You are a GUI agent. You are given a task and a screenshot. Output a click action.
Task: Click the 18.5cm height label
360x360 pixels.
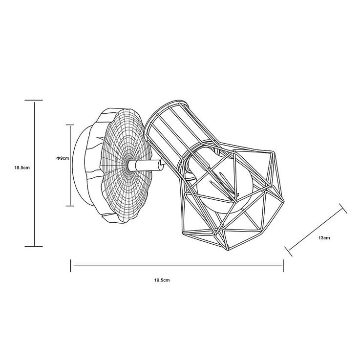pyautogui.click(x=22, y=168)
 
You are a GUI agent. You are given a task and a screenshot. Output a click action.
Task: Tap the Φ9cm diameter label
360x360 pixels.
pyautogui.click(x=63, y=158)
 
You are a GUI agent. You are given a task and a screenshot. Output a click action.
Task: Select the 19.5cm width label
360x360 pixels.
pyautogui.click(x=162, y=280)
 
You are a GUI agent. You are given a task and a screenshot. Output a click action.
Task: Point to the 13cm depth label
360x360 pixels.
pyautogui.click(x=324, y=238)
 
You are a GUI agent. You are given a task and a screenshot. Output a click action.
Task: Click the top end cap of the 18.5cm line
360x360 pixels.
pyautogui.click(x=34, y=100)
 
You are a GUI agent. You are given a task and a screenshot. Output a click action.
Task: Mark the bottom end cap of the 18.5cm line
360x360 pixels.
pyautogui.click(x=34, y=246)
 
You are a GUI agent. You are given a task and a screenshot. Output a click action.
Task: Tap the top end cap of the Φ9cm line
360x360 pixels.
pyautogui.click(x=70, y=125)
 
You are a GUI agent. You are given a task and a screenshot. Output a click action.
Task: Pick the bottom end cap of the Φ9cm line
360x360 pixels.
pyautogui.click(x=70, y=206)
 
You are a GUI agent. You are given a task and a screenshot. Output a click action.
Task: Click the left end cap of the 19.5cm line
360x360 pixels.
pyautogui.click(x=71, y=266)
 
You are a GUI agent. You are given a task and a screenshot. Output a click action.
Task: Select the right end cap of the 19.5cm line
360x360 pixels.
pyautogui.click(x=283, y=266)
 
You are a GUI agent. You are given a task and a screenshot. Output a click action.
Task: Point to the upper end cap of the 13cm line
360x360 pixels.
pyautogui.click(x=343, y=208)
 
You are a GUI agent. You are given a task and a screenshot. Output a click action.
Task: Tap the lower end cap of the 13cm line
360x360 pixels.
pyautogui.click(x=289, y=252)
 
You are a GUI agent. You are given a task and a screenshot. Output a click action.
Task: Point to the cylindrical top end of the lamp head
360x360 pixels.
pyautogui.click(x=167, y=121)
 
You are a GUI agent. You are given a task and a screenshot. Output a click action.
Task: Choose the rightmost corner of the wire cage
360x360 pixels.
pyautogui.click(x=284, y=203)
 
